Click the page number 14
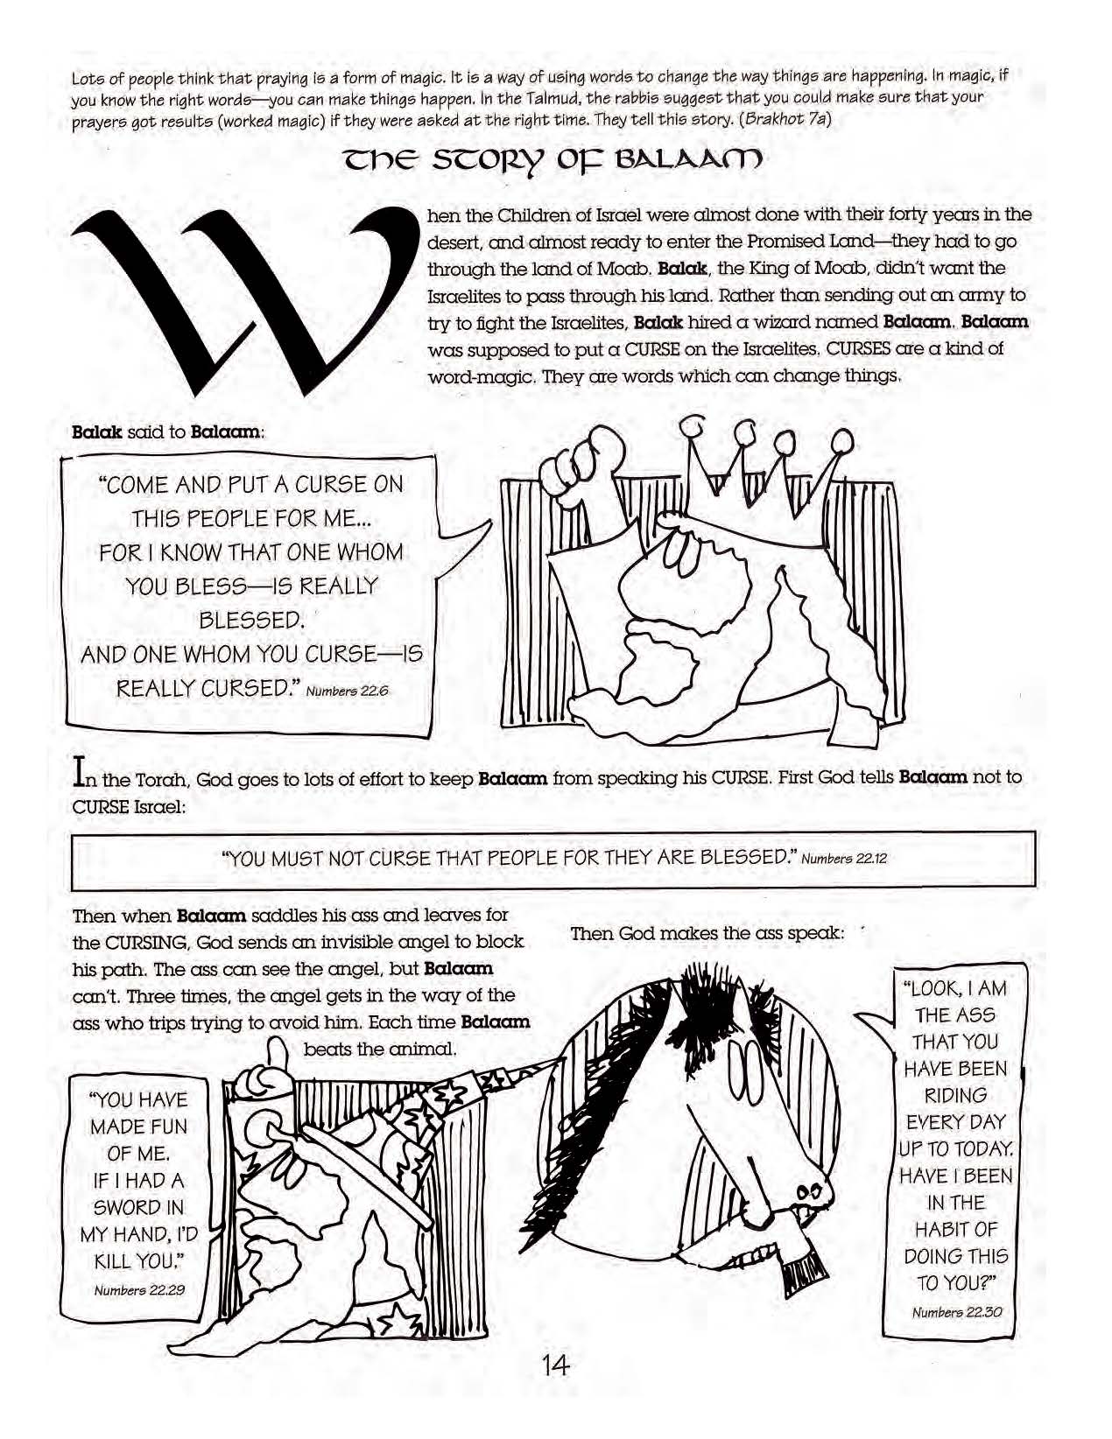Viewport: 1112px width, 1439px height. click(555, 1364)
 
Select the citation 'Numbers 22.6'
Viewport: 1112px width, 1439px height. click(348, 691)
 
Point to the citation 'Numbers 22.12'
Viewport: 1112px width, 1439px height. click(844, 858)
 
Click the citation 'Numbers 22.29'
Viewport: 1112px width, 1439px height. click(139, 1289)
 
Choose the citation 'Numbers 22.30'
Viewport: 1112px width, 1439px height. click(957, 1311)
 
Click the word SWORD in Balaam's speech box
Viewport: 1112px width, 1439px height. click(138, 1207)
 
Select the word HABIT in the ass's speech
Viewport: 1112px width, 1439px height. click(955, 1229)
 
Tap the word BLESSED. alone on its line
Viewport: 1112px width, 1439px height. click(251, 621)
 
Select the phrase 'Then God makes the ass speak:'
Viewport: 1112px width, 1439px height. click(707, 933)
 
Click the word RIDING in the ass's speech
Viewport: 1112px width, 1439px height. click(955, 1095)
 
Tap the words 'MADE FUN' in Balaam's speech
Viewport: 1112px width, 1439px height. click(138, 1127)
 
